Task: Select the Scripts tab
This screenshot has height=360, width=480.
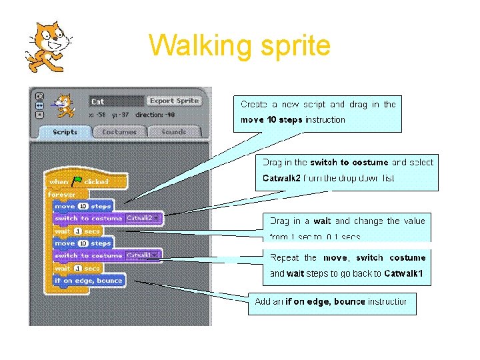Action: [65, 132]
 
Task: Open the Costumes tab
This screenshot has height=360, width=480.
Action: [119, 132]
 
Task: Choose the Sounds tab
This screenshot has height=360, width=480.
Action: [173, 132]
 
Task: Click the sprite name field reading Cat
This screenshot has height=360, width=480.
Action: [115, 102]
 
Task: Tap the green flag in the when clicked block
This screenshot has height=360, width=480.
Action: [77, 181]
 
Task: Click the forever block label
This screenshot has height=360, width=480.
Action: [62, 194]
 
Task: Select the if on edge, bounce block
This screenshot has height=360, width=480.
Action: [89, 281]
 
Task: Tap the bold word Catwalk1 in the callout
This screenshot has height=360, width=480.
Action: [403, 273]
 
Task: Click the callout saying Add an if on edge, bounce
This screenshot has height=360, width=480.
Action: [331, 302]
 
